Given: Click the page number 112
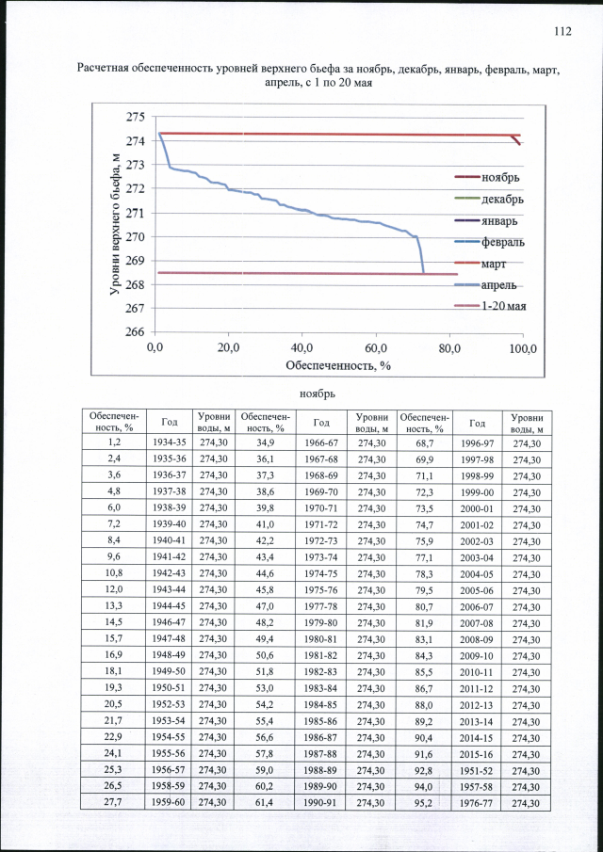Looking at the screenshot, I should click(562, 31).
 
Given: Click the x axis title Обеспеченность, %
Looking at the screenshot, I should click(339, 365).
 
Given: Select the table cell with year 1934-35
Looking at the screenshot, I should click(169, 442).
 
